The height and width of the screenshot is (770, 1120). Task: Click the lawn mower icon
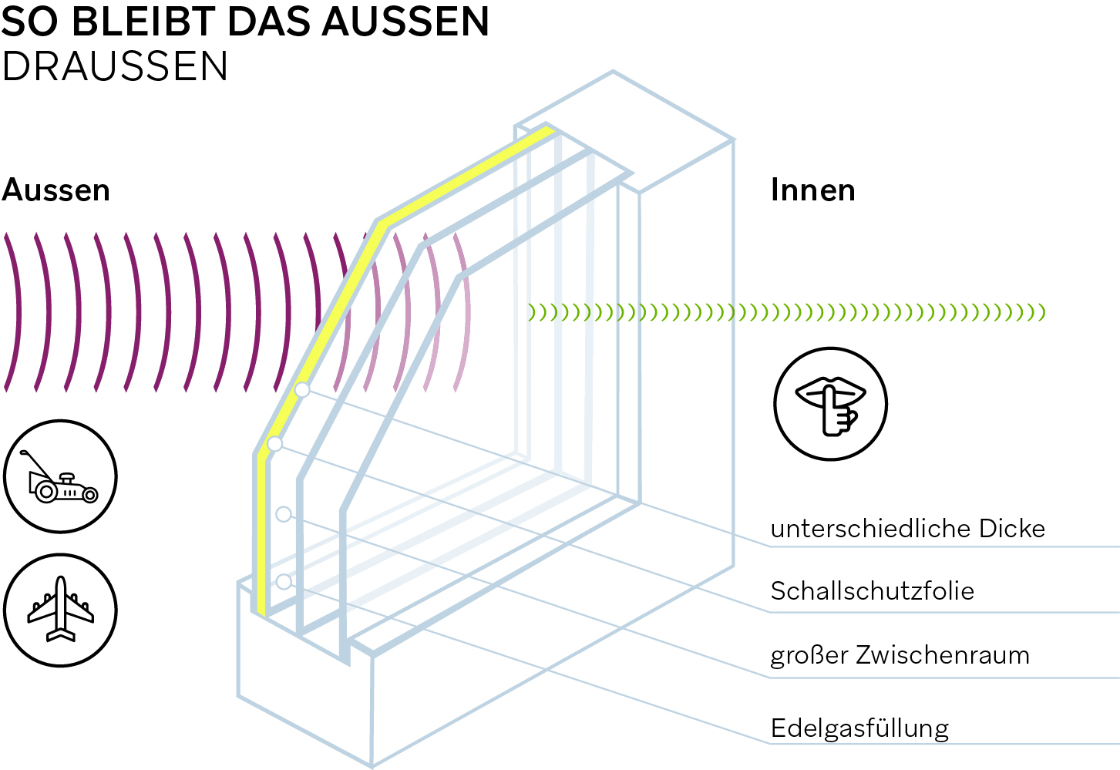tap(61, 477)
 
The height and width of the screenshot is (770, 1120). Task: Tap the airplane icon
tap(61, 610)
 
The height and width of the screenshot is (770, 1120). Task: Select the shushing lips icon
tap(831, 404)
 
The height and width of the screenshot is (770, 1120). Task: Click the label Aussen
tap(56, 190)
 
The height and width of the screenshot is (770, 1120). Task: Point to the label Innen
tap(813, 190)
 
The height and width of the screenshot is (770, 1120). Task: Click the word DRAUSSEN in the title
tap(115, 66)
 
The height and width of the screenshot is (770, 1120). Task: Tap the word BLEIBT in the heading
tap(150, 22)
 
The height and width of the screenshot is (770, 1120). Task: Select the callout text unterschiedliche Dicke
tap(908, 529)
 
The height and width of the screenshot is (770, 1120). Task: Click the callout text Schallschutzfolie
tap(873, 591)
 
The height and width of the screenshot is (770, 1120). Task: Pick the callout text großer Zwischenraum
tap(900, 655)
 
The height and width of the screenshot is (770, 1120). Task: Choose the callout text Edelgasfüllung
tap(860, 728)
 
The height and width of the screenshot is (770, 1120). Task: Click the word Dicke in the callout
tap(1012, 529)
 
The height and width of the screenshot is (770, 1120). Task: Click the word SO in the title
tap(30, 22)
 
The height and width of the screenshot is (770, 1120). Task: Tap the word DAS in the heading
tap(278, 22)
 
